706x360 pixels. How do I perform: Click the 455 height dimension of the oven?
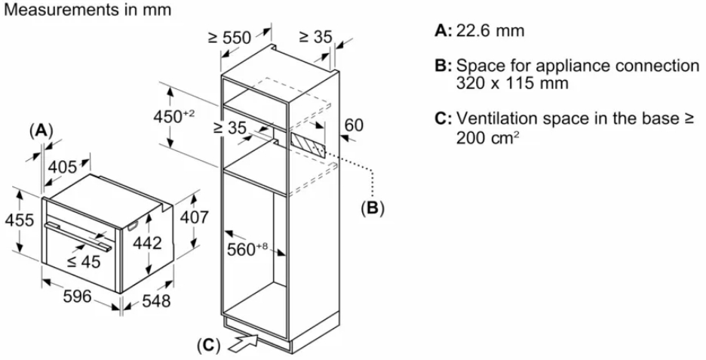(x=17, y=220)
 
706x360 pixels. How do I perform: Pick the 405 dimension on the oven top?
(x=63, y=166)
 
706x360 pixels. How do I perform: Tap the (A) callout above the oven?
(x=41, y=130)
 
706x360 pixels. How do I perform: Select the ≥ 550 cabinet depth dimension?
(x=229, y=36)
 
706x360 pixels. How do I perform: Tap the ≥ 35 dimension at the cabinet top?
(x=316, y=36)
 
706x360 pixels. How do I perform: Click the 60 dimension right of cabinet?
(x=354, y=125)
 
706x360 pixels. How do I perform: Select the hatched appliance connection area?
(x=310, y=143)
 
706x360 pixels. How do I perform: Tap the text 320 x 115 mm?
(x=512, y=82)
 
